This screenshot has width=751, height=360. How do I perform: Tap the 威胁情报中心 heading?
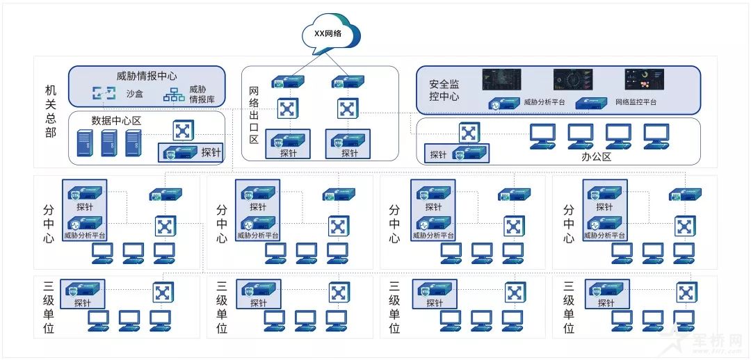146,76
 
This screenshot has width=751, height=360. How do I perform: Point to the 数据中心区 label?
116,120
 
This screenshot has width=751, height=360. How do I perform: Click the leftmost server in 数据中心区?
84,142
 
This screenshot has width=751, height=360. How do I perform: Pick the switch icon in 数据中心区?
183,130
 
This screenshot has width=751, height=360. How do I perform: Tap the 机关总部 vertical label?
51,111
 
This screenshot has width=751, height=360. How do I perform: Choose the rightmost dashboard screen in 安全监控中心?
644,79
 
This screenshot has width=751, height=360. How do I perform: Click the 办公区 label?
596,157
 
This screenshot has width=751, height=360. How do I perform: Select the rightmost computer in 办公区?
656,136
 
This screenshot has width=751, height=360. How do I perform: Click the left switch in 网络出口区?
286,108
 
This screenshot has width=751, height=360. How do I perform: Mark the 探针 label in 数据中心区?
211,152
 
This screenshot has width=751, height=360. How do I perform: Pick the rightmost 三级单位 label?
569,306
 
